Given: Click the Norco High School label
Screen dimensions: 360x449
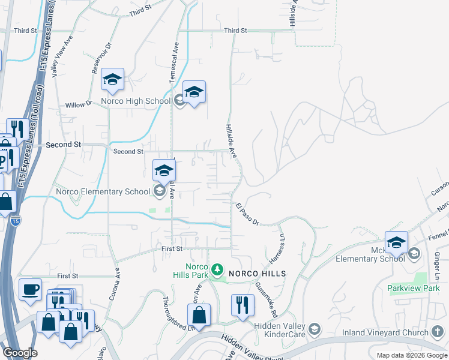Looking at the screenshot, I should click(x=136, y=101).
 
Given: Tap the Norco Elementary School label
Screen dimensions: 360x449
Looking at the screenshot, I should click(x=102, y=192).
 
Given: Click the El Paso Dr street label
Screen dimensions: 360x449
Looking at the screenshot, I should click(x=247, y=214).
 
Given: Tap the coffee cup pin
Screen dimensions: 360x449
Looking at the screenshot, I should click(x=30, y=289).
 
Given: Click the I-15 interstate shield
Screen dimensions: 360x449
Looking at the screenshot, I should click(x=15, y=221).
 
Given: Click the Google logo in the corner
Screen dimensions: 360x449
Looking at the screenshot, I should click(x=20, y=353).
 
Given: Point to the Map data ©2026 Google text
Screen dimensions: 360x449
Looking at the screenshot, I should click(x=412, y=355).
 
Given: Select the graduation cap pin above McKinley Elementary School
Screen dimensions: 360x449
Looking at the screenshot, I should click(x=396, y=242).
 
